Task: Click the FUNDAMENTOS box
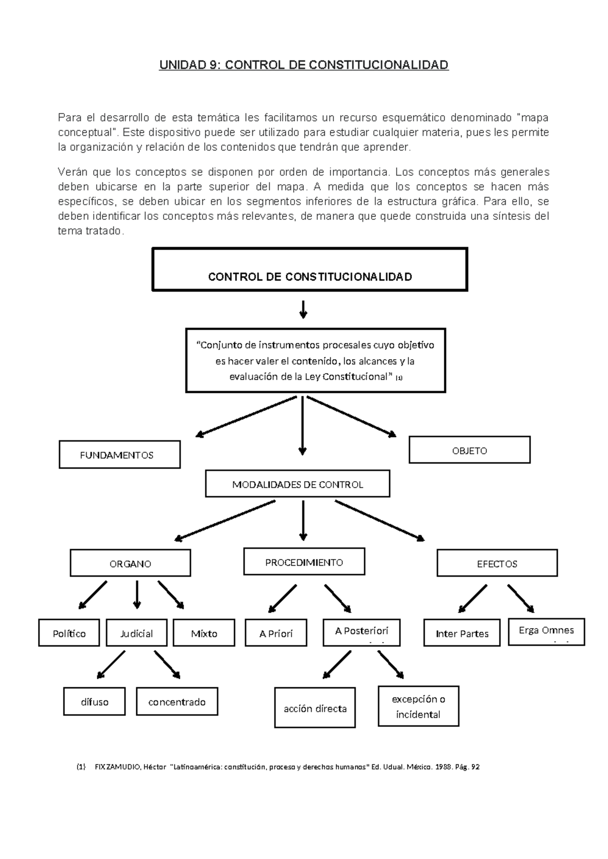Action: (120, 454)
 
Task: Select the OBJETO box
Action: (469, 450)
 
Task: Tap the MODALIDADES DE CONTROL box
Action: (297, 484)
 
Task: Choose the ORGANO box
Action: (130, 563)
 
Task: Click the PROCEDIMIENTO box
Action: (304, 562)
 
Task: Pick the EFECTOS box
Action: (497, 563)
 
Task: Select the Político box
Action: (69, 633)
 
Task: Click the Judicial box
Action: (136, 633)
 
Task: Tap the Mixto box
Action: (204, 633)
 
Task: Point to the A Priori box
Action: (276, 633)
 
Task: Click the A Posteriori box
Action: (361, 632)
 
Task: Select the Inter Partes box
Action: (462, 633)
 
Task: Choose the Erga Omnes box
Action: (546, 631)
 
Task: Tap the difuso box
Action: (94, 701)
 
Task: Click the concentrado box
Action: (177, 701)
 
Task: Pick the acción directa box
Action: (315, 708)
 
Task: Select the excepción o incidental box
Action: (418, 707)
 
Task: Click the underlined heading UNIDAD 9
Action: (304, 65)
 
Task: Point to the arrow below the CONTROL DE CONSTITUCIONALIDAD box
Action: (303, 309)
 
